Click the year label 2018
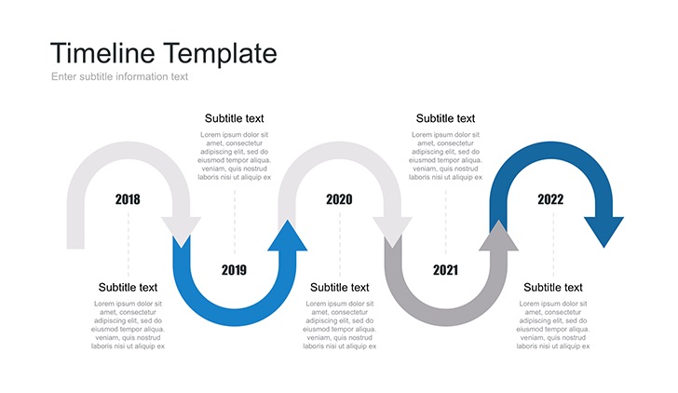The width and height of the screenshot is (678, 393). (x=128, y=199)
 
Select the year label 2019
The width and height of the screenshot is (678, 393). (x=234, y=270)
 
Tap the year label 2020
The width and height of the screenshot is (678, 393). (x=339, y=199)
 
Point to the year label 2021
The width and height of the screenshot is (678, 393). (x=445, y=270)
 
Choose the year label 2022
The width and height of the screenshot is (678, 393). (x=550, y=199)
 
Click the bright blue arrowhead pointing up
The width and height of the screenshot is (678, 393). (x=288, y=236)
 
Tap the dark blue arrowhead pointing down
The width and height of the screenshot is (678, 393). (x=604, y=232)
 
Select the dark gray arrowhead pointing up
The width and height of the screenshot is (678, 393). (x=498, y=236)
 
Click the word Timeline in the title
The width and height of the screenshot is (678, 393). (x=102, y=53)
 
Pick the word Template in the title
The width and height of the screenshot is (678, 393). (x=220, y=54)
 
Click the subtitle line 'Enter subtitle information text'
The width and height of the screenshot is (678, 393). (x=120, y=76)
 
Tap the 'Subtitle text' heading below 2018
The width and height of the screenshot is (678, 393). (x=128, y=288)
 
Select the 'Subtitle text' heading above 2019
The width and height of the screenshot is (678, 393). (x=235, y=118)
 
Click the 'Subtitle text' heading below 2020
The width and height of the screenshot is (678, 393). (x=339, y=288)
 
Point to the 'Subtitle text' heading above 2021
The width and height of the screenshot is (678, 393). (x=445, y=118)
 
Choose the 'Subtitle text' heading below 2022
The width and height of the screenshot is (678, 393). (x=553, y=288)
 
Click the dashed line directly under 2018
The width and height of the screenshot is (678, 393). (x=128, y=244)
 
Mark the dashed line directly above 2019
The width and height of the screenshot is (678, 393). (x=235, y=222)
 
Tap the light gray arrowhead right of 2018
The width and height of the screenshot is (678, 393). (x=182, y=232)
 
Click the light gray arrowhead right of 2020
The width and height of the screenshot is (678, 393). (x=392, y=232)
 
